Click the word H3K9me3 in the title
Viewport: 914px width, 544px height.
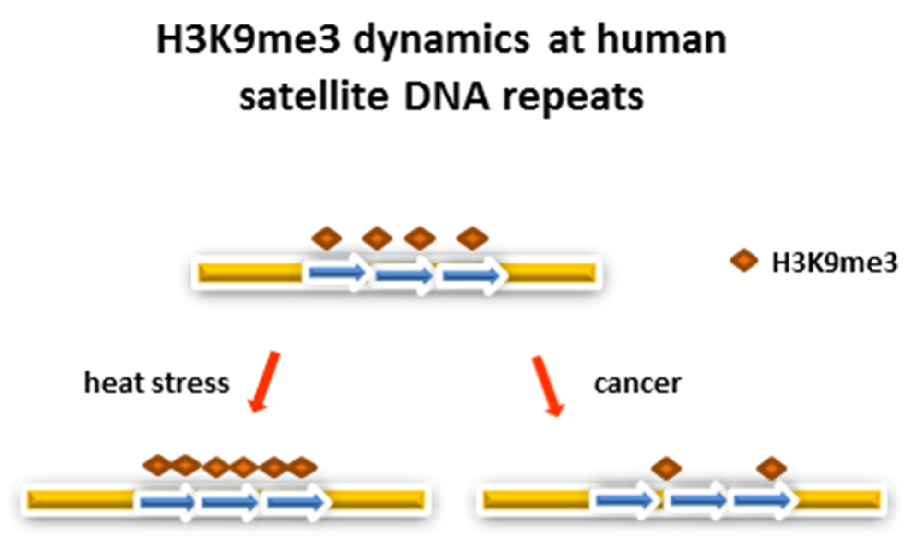point(248,40)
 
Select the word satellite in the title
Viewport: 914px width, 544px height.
point(314,97)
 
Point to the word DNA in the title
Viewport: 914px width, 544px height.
point(446,97)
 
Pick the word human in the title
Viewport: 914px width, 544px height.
point(662,40)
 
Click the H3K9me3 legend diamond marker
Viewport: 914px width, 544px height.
point(744,261)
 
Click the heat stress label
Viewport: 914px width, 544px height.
point(157,383)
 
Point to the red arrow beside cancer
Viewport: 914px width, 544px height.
point(548,386)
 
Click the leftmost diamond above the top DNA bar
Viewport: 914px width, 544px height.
point(327,239)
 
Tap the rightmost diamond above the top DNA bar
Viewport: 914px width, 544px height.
point(472,239)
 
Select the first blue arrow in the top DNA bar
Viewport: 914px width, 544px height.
point(337,273)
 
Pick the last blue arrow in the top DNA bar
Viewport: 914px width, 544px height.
point(470,275)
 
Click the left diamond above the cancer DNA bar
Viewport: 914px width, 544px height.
point(666,469)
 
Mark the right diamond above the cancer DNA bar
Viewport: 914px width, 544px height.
point(772,469)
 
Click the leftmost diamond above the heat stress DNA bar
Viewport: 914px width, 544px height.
point(158,466)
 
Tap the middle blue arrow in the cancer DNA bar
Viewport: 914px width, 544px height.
point(697,500)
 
